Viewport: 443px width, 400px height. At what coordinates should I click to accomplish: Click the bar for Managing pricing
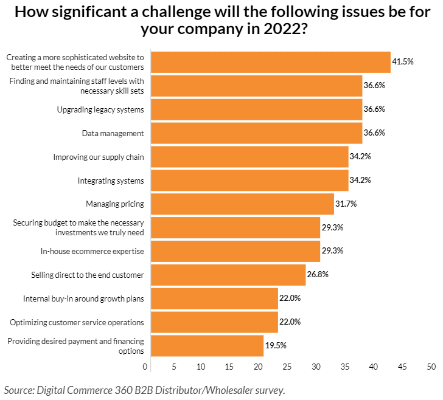coord(242,204)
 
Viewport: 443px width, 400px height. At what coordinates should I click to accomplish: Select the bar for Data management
coord(256,133)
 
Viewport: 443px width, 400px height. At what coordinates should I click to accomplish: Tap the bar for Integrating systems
coord(249,181)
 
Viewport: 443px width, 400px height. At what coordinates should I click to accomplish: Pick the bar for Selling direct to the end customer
coord(228,275)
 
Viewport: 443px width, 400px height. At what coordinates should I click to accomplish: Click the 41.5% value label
coord(403,62)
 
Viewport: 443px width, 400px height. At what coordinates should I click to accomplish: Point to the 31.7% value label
coord(346,204)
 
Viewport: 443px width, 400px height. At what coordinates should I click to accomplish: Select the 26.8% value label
coord(318,275)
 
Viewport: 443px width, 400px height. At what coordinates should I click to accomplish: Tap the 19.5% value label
coord(276,345)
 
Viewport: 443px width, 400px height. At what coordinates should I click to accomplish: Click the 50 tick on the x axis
coord(431,367)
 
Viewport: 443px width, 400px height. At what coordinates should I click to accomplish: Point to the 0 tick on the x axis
coord(145,367)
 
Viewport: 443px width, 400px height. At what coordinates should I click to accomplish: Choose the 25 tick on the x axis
coord(287,367)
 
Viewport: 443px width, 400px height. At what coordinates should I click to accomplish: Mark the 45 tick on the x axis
coord(403,367)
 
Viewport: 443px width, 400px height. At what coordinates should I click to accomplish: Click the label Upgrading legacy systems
coord(100,109)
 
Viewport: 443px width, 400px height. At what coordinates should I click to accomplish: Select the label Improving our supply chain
coord(99,157)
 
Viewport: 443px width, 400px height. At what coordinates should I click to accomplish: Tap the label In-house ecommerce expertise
coord(92,251)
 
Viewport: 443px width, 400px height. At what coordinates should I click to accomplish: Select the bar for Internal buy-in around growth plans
coord(214,298)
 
